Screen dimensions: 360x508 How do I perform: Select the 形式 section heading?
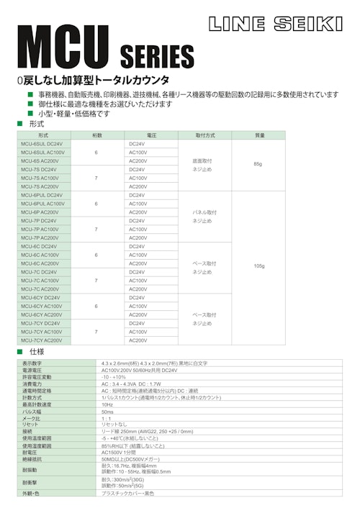point(37,124)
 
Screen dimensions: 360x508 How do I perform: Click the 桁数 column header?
point(96,135)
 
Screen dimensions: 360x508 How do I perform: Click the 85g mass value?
point(258,165)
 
